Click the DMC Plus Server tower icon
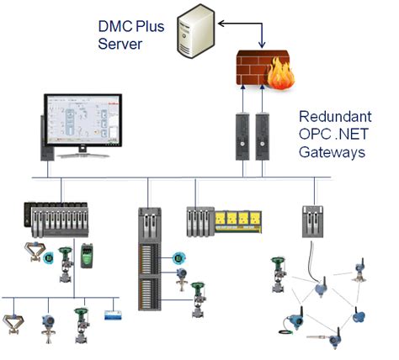[196, 31]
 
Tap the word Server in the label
[120, 44]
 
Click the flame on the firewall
[280, 73]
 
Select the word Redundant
[335, 116]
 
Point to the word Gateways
[332, 152]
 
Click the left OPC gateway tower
[242, 136]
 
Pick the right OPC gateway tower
[263, 136]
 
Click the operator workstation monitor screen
[82, 120]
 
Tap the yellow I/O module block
[238, 222]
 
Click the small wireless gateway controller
[312, 221]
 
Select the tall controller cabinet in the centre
[150, 259]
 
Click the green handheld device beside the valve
[87, 256]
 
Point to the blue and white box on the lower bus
[114, 315]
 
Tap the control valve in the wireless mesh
[279, 275]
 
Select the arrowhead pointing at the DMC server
[221, 24]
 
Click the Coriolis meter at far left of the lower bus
[13, 324]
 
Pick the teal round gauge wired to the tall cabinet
[178, 258]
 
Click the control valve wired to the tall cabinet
[199, 299]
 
